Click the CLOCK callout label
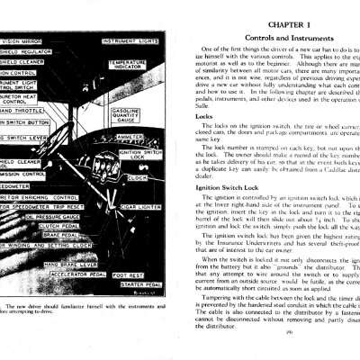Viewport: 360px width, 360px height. pos(138,177)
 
